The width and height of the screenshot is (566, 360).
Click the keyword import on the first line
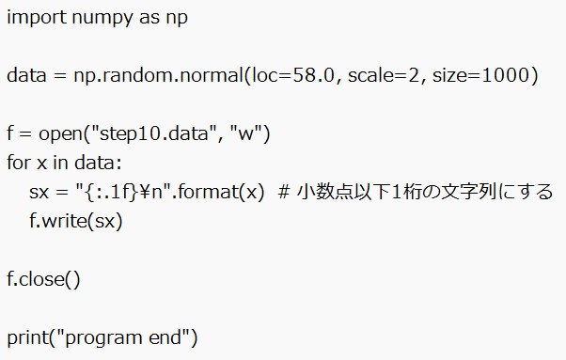click(34, 19)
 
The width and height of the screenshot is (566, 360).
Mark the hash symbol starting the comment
click(284, 193)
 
